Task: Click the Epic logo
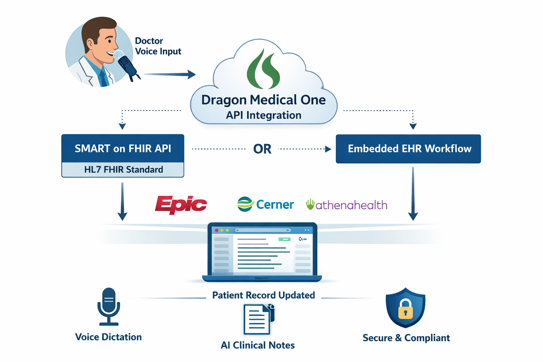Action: pyautogui.click(x=181, y=204)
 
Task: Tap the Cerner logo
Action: pyautogui.click(x=265, y=204)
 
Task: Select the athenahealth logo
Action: pyautogui.click(x=347, y=205)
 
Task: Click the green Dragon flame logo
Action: pyautogui.click(x=263, y=69)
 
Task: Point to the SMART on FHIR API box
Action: pyautogui.click(x=123, y=148)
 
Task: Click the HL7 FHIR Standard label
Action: pyautogui.click(x=123, y=170)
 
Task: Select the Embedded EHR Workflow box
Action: pyautogui.click(x=408, y=149)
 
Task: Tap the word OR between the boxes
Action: pyautogui.click(x=262, y=149)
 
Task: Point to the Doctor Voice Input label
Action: pyautogui.click(x=158, y=46)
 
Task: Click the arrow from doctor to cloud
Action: pyautogui.click(x=170, y=74)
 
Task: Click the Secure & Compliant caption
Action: pyautogui.click(x=406, y=338)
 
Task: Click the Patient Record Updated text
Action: pyautogui.click(x=263, y=295)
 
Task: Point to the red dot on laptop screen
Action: pyautogui.click(x=217, y=230)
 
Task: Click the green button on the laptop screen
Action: pyautogui.click(x=284, y=239)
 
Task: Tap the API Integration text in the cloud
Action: pyautogui.click(x=264, y=115)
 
